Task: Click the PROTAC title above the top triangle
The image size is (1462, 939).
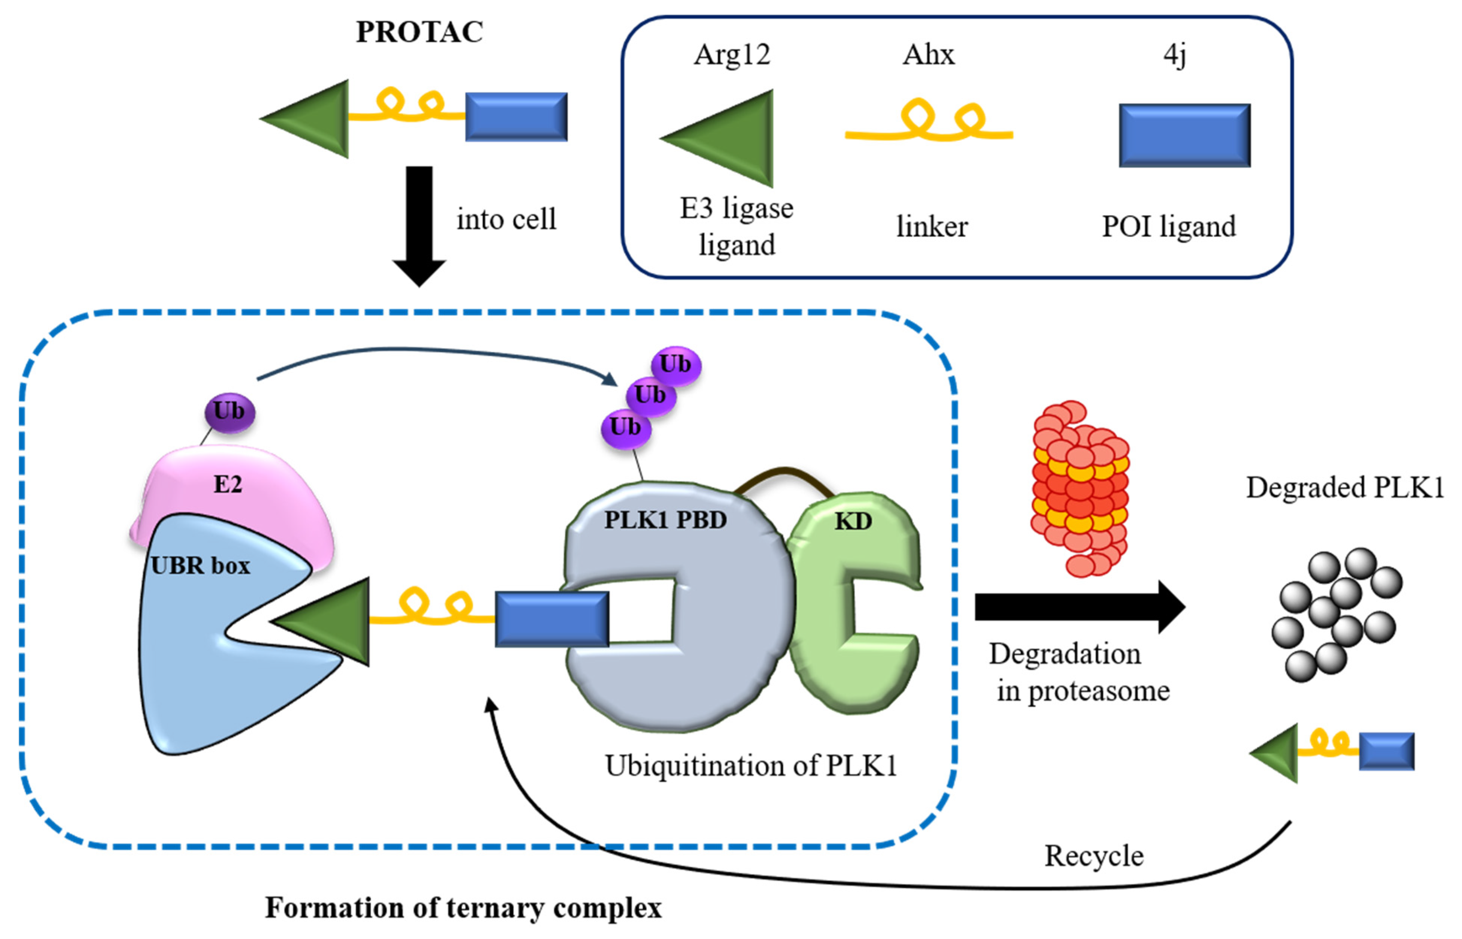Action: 419,32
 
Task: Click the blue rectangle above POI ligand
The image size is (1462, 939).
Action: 1184,136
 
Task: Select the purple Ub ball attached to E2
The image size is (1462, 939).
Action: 229,412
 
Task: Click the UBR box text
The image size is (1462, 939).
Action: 200,566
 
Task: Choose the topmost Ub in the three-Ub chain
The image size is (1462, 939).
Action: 676,365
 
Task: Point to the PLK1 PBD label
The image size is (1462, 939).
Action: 665,520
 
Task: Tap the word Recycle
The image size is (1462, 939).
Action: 1094,856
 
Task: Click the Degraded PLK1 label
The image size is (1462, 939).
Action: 1344,488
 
